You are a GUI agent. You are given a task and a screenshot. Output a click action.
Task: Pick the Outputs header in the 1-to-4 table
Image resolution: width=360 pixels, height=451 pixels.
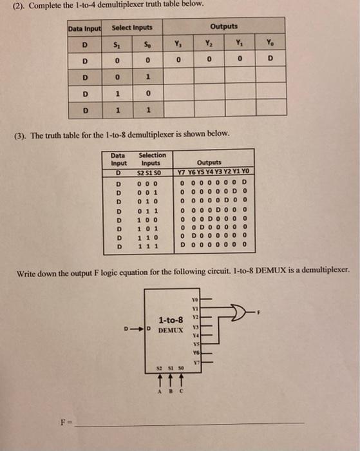tap(223, 26)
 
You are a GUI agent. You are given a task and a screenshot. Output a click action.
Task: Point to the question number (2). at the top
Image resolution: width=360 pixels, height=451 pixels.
tap(12, 5)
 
